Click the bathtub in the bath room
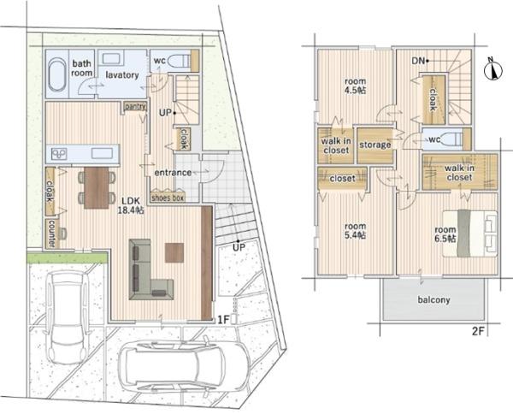(x=57, y=74)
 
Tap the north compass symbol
(x=492, y=69)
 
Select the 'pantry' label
(x=135, y=106)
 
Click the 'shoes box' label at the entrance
(x=168, y=198)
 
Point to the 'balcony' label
(x=433, y=299)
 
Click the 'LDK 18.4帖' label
(x=131, y=205)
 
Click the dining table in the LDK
(x=97, y=187)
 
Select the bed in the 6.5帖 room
(x=470, y=234)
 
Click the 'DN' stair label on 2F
(x=418, y=61)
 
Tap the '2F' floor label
(x=478, y=332)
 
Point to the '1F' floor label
(x=223, y=320)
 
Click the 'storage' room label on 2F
(x=375, y=145)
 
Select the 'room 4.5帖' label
(x=356, y=86)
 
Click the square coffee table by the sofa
(x=174, y=252)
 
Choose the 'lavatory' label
(x=122, y=75)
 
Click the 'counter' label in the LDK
(x=51, y=234)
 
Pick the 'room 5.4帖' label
(x=356, y=231)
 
